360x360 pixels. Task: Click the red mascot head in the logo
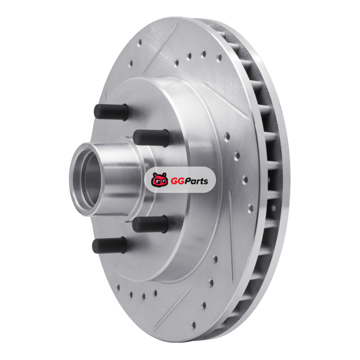[x=159, y=180]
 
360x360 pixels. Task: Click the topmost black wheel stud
[x=111, y=112]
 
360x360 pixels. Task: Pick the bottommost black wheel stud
[x=109, y=245]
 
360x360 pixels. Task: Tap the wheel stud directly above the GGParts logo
[x=151, y=138]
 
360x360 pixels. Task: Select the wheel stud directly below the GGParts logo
[x=150, y=224]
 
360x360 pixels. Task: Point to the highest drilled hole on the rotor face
[x=139, y=42]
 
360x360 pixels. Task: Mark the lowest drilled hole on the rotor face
[x=193, y=325]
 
